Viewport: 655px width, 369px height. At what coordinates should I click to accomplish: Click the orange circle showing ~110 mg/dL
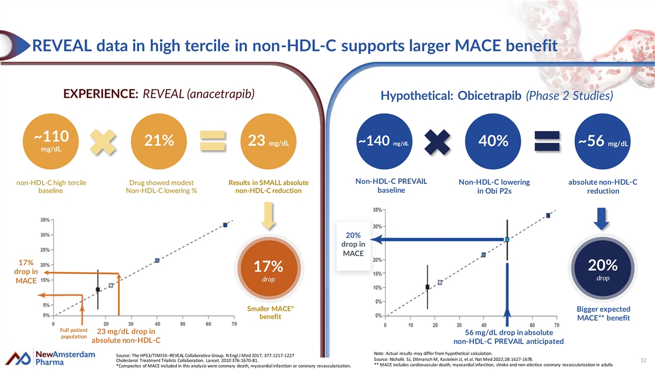pyautogui.click(x=51, y=141)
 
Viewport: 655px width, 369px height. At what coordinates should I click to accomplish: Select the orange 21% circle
pyautogui.click(x=159, y=141)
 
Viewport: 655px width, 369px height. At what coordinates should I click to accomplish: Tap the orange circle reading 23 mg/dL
pyautogui.click(x=269, y=141)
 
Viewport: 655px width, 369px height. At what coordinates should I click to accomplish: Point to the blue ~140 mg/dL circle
pyautogui.click(x=384, y=141)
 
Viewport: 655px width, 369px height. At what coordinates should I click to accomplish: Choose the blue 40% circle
pyautogui.click(x=493, y=141)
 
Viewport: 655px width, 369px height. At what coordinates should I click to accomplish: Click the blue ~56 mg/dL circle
pyautogui.click(x=603, y=141)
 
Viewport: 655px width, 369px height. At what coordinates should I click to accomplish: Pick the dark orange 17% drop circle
pyautogui.click(x=269, y=268)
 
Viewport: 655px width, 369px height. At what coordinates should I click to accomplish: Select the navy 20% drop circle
pyautogui.click(x=603, y=268)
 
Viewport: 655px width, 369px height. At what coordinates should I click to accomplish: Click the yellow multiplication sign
pyautogui.click(x=103, y=142)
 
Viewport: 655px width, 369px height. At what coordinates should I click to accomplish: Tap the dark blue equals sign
pyautogui.click(x=547, y=141)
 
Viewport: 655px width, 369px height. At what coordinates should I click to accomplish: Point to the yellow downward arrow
pyautogui.click(x=269, y=216)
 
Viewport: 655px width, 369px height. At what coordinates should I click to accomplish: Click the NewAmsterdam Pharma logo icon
pyautogui.click(x=18, y=358)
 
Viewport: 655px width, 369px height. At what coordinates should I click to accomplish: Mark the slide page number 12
pyautogui.click(x=644, y=360)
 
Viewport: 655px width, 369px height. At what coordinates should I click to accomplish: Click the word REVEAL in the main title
pyautogui.click(x=62, y=46)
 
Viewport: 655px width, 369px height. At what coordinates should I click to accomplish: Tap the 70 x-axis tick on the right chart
pyautogui.click(x=556, y=325)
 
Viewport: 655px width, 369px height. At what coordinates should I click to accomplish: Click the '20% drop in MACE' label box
pyautogui.click(x=353, y=246)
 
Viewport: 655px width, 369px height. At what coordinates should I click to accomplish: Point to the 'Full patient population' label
pyautogui.click(x=74, y=334)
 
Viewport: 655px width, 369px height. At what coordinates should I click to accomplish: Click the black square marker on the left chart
pyautogui.click(x=98, y=289)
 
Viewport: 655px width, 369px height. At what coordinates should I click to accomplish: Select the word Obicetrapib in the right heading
pyautogui.click(x=489, y=96)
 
